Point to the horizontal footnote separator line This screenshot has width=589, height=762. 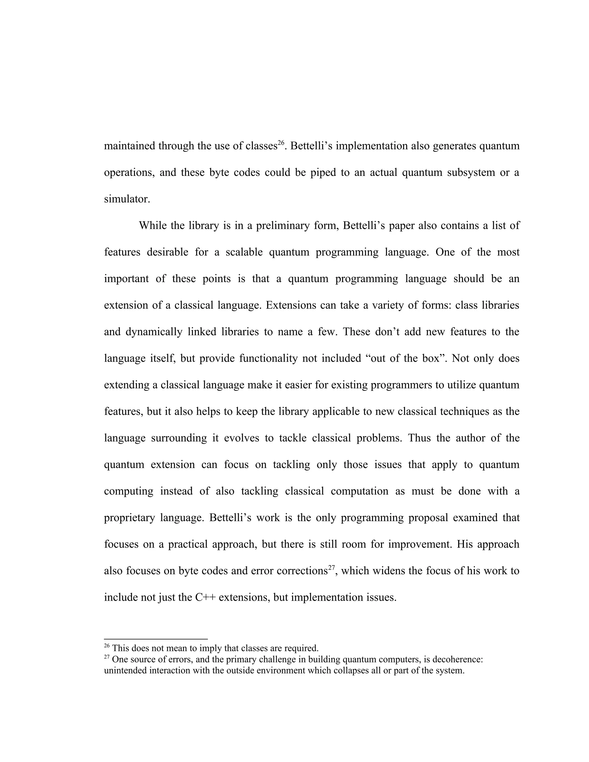pyautogui.click(x=156, y=639)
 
